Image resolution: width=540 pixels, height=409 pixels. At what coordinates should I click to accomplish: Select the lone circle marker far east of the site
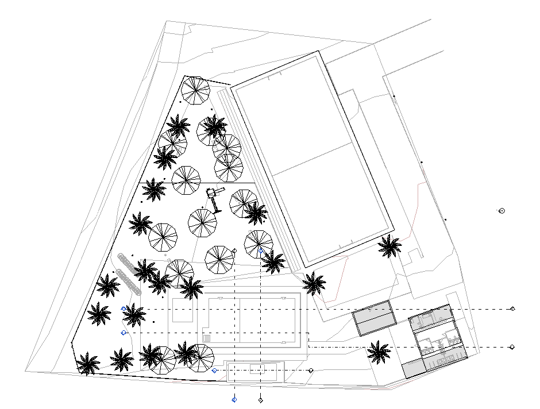(502, 211)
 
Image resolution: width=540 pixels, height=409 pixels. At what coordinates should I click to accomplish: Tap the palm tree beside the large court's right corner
(389, 246)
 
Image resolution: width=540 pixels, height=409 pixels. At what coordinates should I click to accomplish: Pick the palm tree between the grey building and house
(379, 352)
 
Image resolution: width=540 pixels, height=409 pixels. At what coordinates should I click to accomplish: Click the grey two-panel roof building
(375, 318)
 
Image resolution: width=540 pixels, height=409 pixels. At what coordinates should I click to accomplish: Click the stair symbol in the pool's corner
(207, 338)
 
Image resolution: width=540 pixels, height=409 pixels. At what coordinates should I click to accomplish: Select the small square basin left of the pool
(182, 310)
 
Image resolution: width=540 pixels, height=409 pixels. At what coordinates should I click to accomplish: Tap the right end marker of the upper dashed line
(512, 309)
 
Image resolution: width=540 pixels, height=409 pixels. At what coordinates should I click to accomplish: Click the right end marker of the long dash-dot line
(512, 347)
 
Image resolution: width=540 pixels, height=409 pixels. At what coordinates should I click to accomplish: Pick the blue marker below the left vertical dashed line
(234, 399)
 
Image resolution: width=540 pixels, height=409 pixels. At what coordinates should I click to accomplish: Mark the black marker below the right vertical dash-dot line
(260, 399)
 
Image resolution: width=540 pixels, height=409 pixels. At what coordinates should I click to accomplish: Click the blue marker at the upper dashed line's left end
(124, 309)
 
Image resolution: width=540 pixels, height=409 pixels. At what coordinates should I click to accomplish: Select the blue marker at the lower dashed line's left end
(124, 333)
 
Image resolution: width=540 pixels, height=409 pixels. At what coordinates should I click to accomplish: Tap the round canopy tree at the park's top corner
(196, 90)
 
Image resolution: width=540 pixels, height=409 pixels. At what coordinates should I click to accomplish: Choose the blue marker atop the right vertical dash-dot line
(261, 251)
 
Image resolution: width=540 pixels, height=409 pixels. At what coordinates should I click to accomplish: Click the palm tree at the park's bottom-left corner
(88, 364)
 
